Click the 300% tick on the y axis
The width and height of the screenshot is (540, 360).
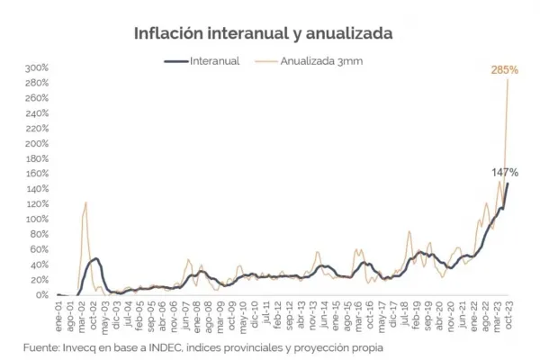[36, 68]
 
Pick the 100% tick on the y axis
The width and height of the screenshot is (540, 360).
[36, 220]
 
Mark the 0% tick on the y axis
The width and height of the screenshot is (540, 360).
[41, 295]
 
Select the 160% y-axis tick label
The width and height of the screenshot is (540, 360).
[36, 175]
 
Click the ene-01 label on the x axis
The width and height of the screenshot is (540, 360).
[60, 311]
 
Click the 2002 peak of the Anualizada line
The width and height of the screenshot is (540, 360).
[85, 202]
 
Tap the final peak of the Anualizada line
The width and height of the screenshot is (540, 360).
[508, 80]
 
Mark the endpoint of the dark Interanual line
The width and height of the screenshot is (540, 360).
[508, 184]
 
